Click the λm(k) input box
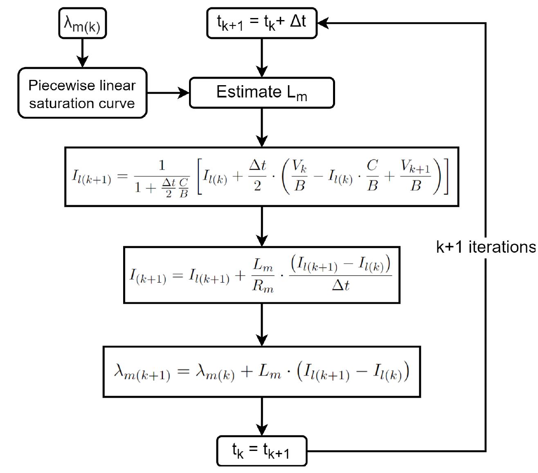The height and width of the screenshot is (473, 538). [x=82, y=23]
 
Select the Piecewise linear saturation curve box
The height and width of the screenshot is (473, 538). [x=82, y=93]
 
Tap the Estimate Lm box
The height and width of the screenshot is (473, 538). [x=262, y=93]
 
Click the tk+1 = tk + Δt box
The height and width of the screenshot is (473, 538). [x=262, y=23]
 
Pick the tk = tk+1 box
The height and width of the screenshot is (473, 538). [x=262, y=450]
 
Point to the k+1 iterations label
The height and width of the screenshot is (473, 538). [x=486, y=247]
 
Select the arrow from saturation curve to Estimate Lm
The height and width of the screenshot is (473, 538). [x=168, y=93]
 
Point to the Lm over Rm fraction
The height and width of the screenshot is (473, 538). [x=263, y=275]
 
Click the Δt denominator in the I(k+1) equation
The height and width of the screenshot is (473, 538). [x=340, y=285]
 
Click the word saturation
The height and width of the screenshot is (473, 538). [x=53, y=103]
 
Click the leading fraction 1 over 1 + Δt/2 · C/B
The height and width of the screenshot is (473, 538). [x=162, y=177]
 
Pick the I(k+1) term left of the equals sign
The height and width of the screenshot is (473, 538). [x=148, y=275]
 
